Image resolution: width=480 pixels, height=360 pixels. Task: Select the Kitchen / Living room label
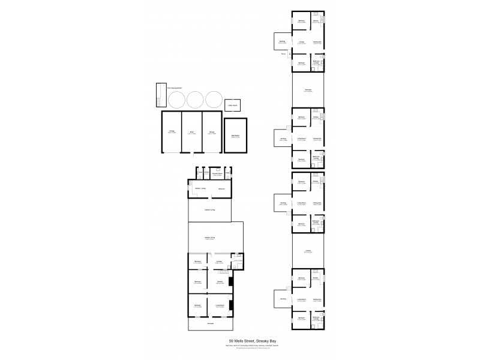click(x=200, y=189)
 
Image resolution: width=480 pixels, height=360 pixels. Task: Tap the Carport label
click(x=308, y=251)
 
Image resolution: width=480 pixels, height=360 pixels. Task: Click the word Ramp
click(x=283, y=55)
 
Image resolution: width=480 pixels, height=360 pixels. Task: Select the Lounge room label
click(x=302, y=42)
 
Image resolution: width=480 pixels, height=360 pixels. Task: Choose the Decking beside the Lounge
click(x=282, y=42)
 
